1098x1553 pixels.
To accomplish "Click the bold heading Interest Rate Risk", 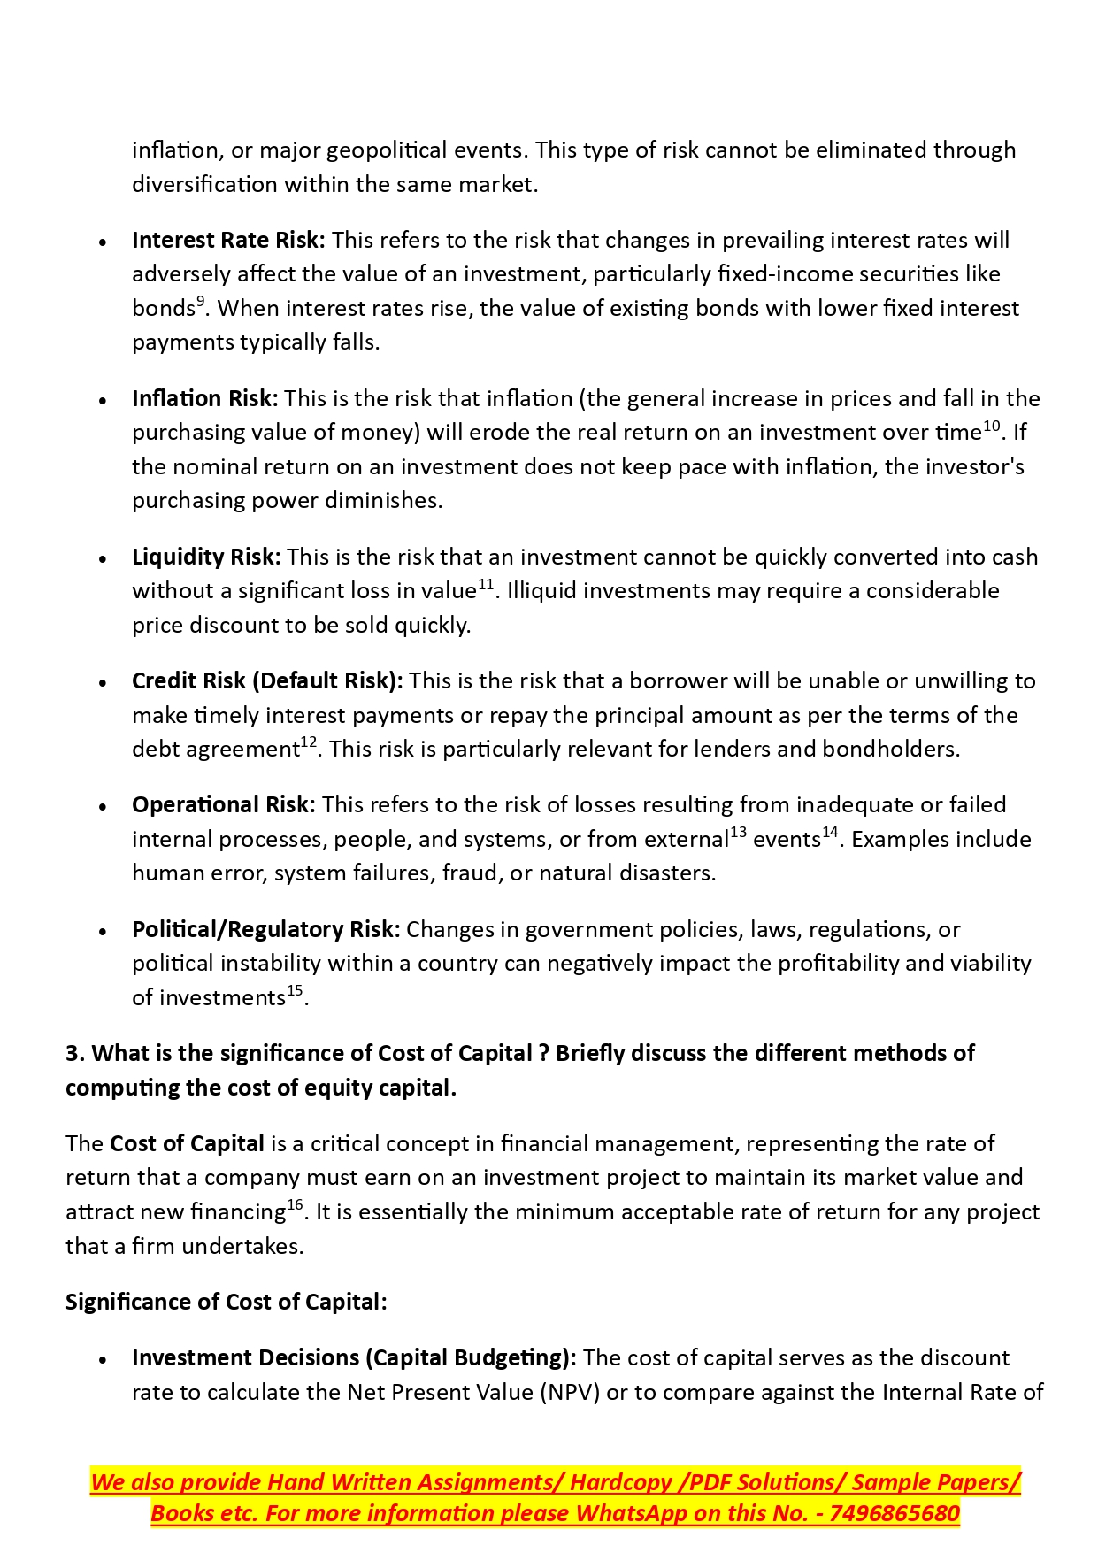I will [228, 240].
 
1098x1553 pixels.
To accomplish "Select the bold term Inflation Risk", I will [204, 398].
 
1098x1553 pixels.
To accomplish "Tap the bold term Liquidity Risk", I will [206, 557].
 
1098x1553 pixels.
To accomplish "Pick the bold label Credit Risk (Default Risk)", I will [267, 680].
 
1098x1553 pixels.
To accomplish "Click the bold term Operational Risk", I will [223, 804].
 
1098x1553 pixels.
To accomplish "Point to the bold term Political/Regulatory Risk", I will [265, 929].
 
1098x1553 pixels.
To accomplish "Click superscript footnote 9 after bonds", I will [201, 302].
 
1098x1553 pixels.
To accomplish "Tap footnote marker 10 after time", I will [991, 426].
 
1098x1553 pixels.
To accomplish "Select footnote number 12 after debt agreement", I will [309, 742].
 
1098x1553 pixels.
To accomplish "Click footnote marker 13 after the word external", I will [738, 833].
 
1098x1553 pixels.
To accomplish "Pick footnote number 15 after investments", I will [295, 991].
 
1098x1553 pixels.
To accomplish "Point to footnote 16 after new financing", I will [295, 1205].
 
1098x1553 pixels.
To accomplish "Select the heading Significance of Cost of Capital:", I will [227, 1302].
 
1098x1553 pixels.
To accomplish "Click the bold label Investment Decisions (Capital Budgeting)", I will [354, 1357].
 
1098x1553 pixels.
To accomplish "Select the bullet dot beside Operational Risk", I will [104, 808].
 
